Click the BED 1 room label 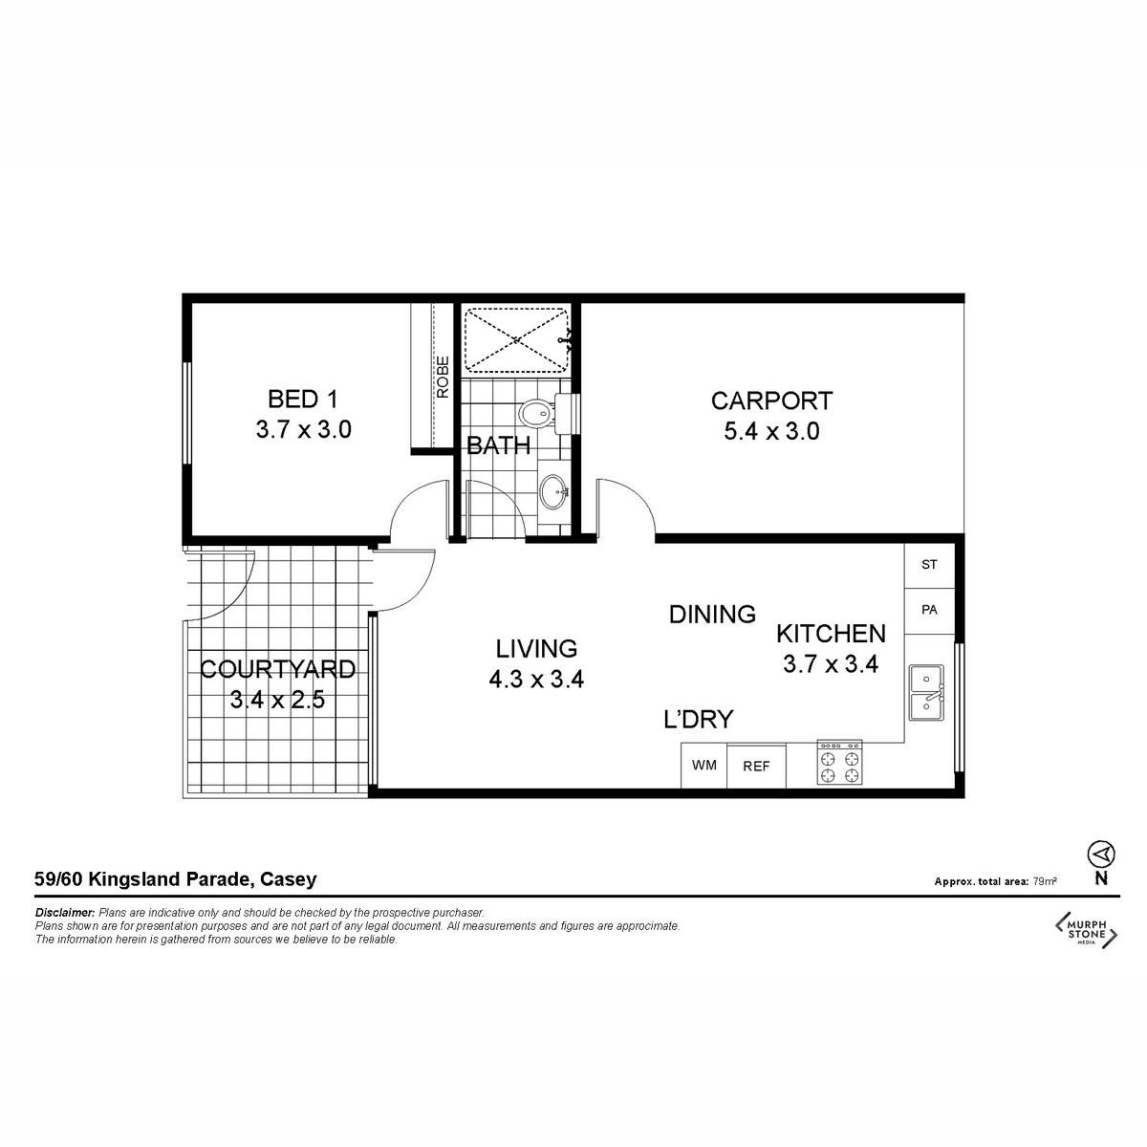pos(303,399)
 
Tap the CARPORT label pos(771,400)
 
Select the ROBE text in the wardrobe pos(443,378)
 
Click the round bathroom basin pos(554,491)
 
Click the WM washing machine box pos(703,766)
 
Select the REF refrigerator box pos(756,766)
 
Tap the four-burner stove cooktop pos(839,763)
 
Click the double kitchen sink pos(926,693)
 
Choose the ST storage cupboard pos(929,564)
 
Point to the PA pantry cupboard pos(929,610)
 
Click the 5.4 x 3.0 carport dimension pos(771,431)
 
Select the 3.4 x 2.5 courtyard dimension pos(277,700)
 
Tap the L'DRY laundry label pos(698,720)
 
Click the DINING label pos(712,615)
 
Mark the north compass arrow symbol pos(1100,855)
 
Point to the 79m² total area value pos(1045,881)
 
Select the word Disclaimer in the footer pos(65,913)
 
